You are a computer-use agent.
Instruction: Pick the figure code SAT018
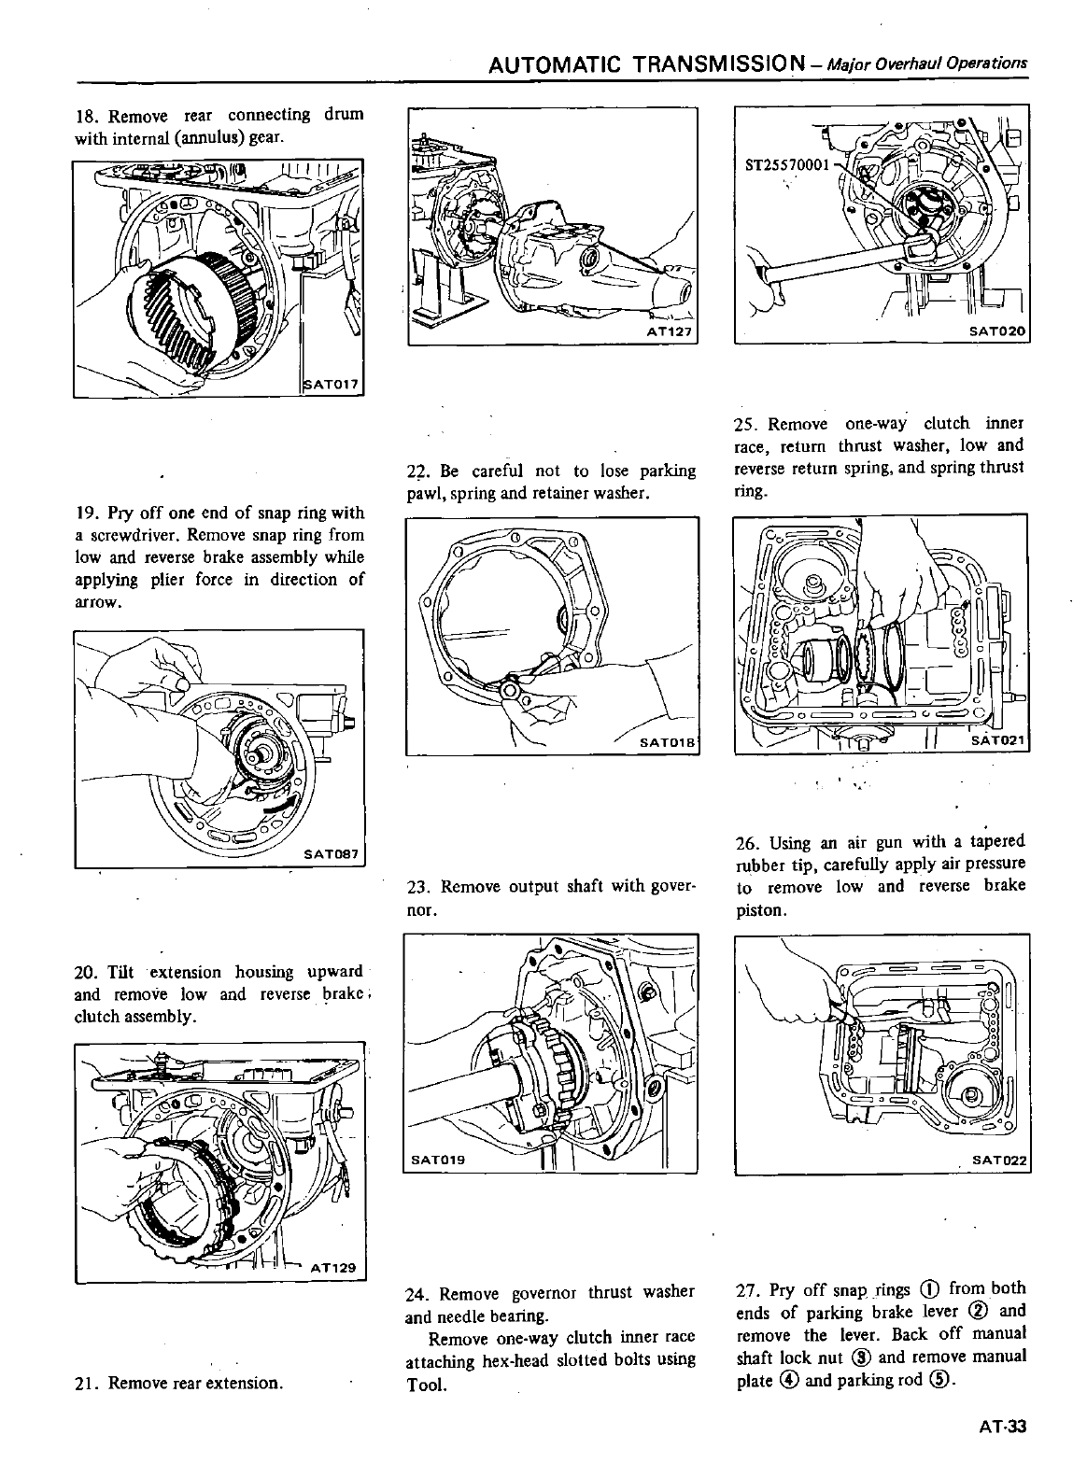coord(668,742)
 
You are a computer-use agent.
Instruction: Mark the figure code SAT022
coord(999,1160)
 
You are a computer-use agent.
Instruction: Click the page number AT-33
coord(1003,1426)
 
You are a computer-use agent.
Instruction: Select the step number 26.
coord(746,843)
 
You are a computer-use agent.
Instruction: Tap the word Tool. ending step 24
coord(426,1383)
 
